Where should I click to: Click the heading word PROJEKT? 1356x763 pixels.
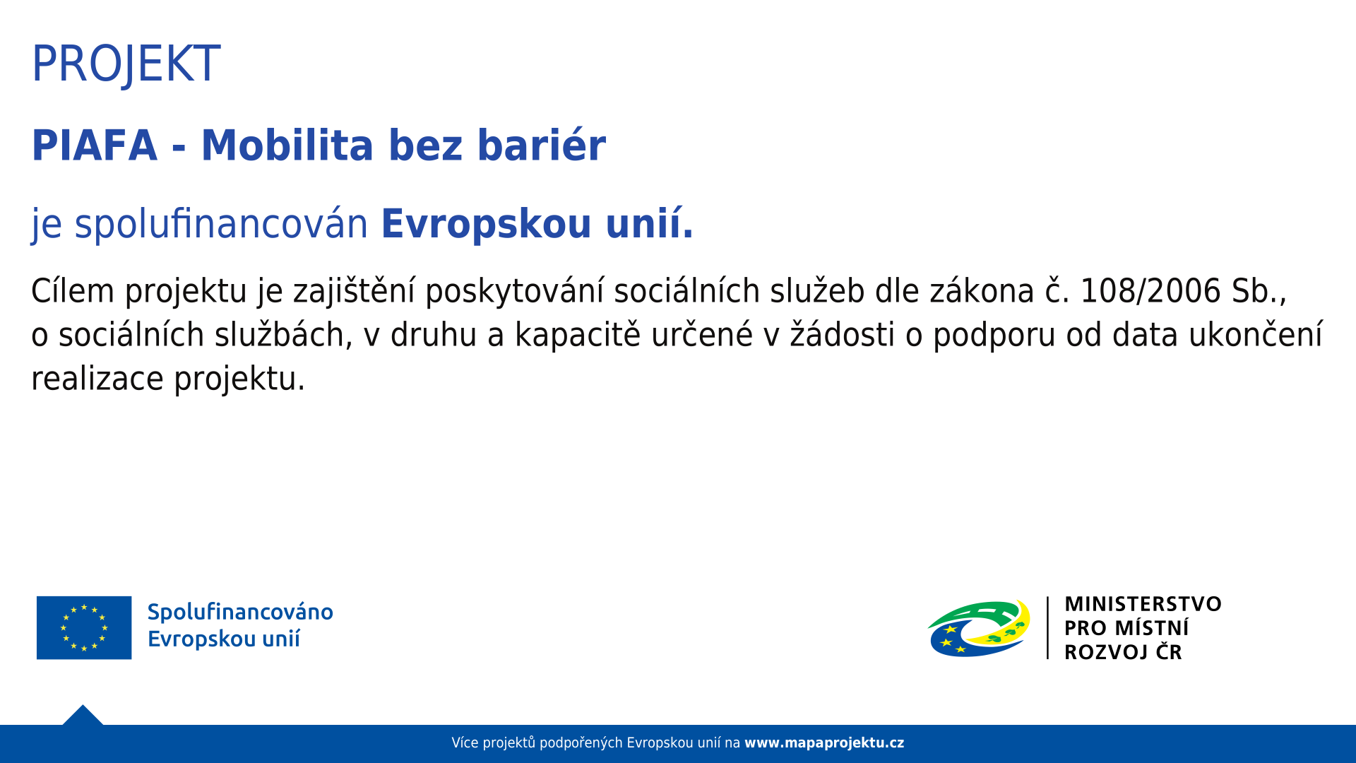126,64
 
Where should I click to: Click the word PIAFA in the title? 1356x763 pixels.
95,146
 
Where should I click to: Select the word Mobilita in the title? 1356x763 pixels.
287,146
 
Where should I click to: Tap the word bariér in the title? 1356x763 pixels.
542,146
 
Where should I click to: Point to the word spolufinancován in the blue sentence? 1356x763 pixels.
221,225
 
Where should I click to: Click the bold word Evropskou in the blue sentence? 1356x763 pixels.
486,225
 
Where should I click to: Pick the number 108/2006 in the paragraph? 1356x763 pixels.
1150,291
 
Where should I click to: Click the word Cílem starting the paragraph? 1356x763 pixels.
73,291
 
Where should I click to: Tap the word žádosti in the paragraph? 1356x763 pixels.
843,335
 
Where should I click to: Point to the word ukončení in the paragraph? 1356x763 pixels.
1256,335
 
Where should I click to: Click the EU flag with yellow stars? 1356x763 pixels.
84,627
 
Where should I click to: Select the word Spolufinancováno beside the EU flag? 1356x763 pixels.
240,613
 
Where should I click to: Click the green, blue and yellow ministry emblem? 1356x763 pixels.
979,628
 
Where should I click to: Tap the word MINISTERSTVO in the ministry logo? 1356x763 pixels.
1143,605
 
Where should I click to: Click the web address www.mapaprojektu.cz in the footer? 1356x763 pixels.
824,743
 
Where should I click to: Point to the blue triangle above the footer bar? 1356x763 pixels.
83,716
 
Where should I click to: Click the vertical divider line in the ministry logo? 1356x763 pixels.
1047,628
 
